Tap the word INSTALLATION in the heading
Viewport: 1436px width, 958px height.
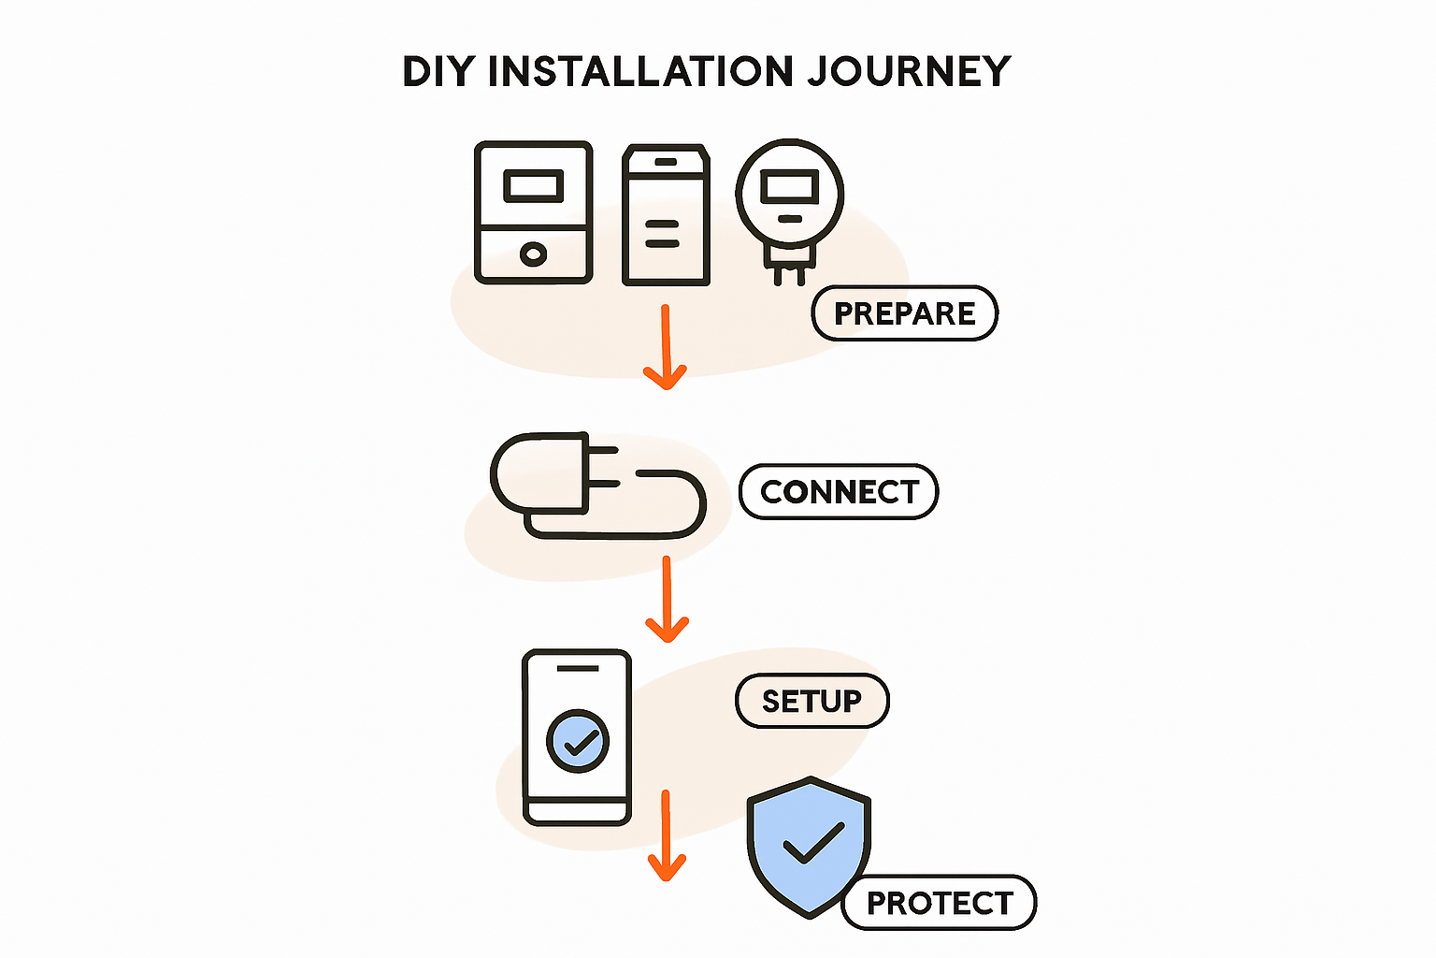click(641, 72)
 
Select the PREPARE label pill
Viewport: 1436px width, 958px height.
click(904, 313)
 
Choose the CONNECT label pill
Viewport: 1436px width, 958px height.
click(839, 492)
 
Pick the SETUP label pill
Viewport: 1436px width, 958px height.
click(811, 701)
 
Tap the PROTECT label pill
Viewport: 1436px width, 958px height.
click(940, 903)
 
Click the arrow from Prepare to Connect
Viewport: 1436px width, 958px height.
click(666, 346)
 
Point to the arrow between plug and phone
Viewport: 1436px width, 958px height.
click(667, 599)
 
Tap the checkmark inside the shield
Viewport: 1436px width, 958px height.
click(813, 844)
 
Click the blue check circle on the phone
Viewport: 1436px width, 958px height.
click(578, 741)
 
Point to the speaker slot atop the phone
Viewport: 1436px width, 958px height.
click(578, 668)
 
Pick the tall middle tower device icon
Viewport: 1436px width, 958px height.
click(666, 215)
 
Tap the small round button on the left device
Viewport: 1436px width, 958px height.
click(533, 254)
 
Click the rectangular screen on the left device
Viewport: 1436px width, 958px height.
click(534, 186)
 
